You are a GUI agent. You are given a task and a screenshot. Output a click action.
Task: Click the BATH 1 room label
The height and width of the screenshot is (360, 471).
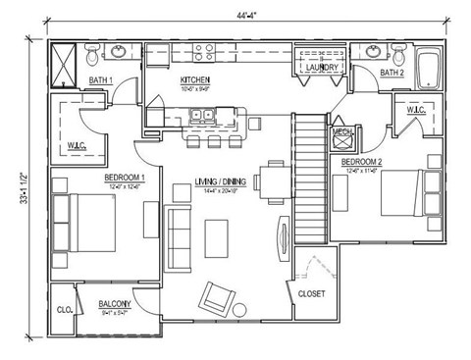pos(101,79)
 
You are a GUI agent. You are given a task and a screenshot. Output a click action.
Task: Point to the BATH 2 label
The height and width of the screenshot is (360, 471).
pos(392,74)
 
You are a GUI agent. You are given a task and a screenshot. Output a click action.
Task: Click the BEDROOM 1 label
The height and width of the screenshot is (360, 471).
pos(126,178)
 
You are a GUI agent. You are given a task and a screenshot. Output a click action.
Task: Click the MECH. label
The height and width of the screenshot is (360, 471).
pos(341,131)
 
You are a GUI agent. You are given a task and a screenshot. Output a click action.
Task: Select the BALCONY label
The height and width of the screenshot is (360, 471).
pos(115,304)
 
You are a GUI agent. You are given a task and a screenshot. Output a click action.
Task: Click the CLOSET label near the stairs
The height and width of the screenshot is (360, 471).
pos(311,292)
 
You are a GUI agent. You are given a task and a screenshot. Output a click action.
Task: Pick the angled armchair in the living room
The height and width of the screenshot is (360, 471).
pos(217,296)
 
